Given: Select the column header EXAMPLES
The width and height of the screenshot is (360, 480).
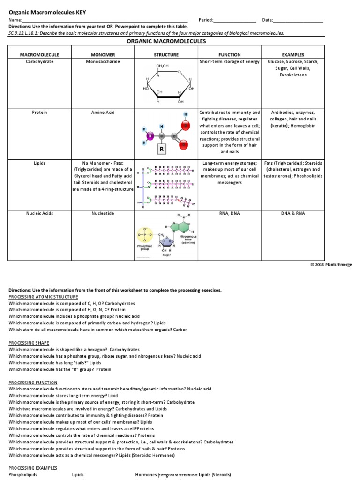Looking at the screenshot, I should tap(293, 55).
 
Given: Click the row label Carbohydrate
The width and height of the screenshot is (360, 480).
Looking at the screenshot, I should tap(39, 62).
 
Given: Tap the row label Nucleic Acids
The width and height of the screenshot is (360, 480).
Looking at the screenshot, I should tap(39, 213).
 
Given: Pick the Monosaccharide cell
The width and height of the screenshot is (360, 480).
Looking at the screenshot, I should tap(103, 62).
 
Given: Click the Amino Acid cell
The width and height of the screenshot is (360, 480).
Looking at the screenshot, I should tap(103, 112).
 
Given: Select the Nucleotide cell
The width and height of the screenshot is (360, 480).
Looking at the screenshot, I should tap(103, 213).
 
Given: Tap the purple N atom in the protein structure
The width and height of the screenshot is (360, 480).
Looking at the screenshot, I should tap(150, 136).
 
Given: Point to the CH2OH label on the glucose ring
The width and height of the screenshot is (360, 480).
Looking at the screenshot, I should tap(162, 66).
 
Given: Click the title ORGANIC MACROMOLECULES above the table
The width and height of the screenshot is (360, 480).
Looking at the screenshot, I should tap(166, 42).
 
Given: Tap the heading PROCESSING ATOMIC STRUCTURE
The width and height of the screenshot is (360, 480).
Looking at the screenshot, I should tap(44, 297).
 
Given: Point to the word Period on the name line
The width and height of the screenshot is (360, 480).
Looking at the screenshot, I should tap(206, 20).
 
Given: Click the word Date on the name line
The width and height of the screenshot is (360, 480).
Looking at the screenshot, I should tap(267, 20).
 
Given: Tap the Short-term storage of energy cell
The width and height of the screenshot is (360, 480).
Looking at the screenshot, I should tap(229, 62).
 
